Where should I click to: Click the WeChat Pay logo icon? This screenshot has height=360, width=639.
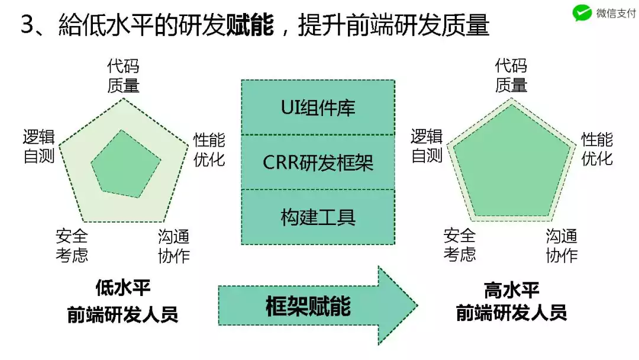tap(583, 13)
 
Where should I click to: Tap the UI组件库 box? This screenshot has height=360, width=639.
tap(318, 108)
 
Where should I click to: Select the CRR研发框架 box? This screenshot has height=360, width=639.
tap(318, 162)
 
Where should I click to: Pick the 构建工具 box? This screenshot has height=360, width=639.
tap(318, 217)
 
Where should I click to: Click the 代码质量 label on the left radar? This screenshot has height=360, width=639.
tap(123, 76)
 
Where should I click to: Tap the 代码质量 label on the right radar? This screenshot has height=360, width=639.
tap(511, 76)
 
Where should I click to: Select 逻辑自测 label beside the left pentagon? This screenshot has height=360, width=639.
tap(39, 146)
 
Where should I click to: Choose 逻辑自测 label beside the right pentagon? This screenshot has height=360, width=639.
tap(427, 146)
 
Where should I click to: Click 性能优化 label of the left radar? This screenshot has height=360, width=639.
tap(209, 149)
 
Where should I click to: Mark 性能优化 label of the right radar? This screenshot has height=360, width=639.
tap(596, 149)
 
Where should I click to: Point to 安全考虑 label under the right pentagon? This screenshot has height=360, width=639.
tap(460, 246)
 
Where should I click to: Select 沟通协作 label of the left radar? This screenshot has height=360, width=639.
tap(173, 246)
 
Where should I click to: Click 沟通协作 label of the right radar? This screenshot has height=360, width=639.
tap(561, 246)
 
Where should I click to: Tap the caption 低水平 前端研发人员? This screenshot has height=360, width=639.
tap(122, 301)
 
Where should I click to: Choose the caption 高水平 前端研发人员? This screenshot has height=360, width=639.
tap(511, 301)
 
